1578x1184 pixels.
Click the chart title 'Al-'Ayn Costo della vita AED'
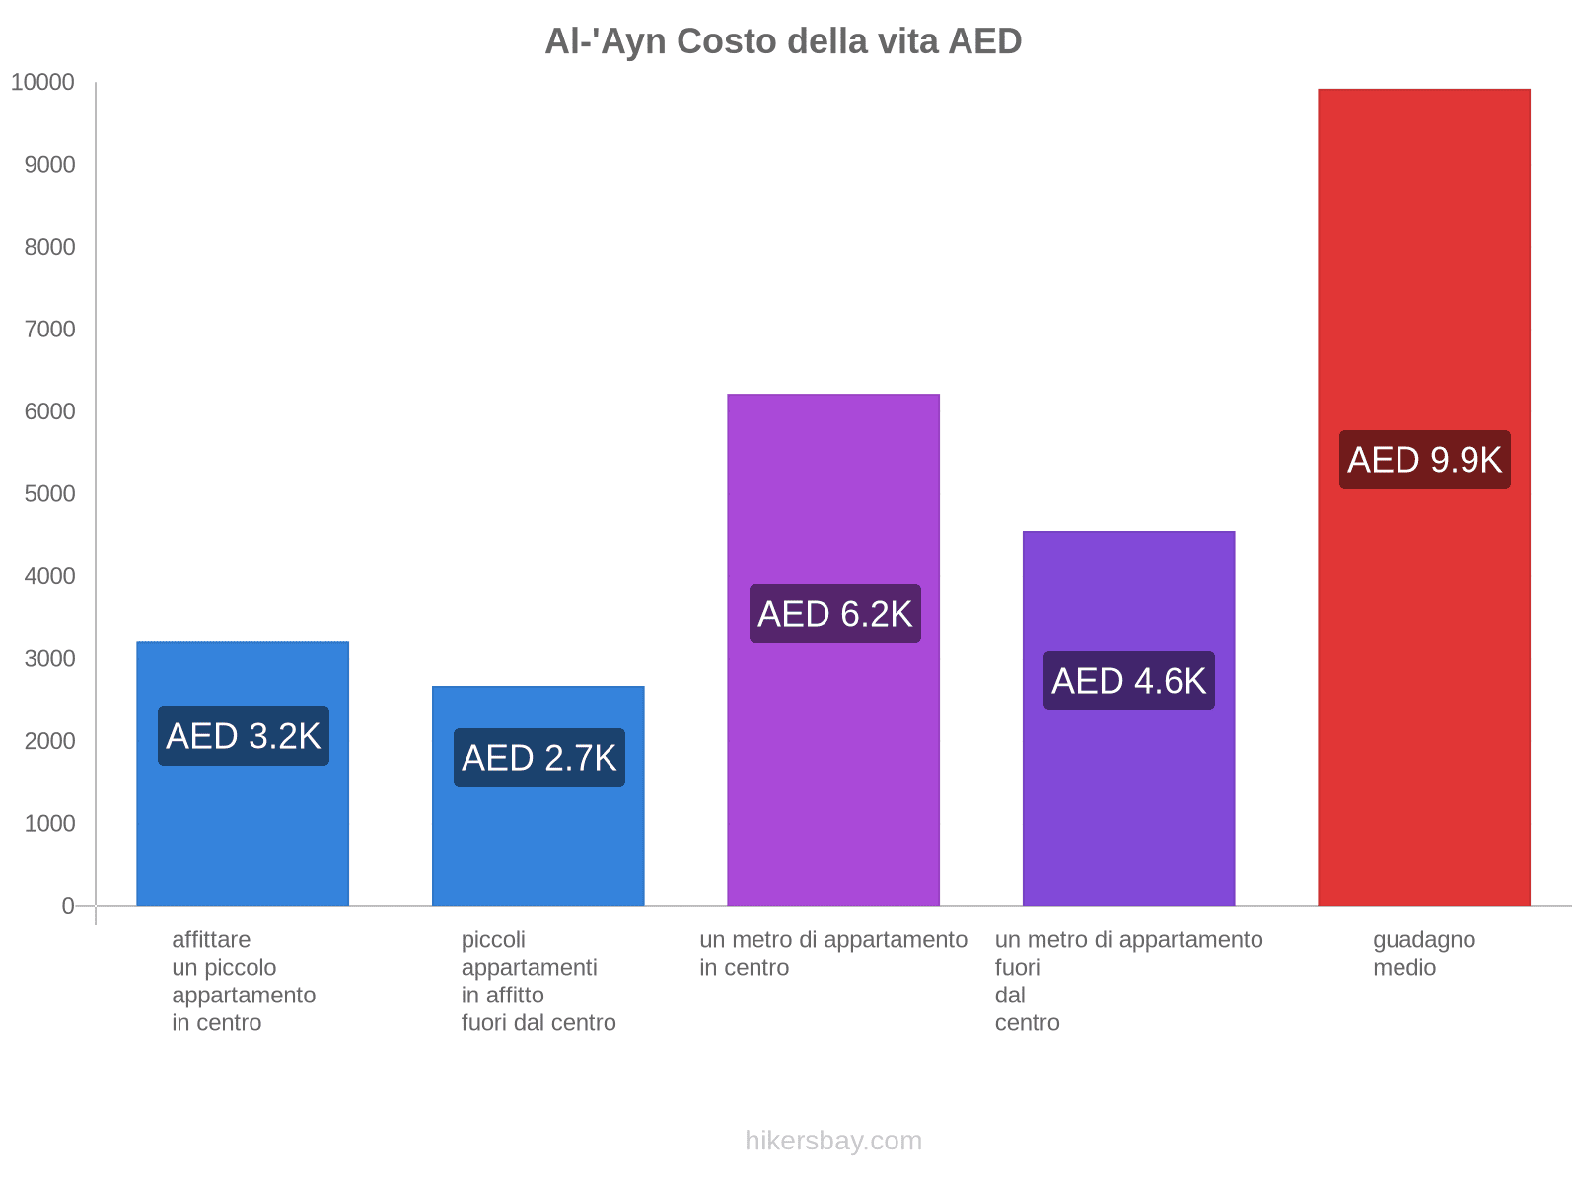pos(783,41)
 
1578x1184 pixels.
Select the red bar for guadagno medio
pos(1423,691)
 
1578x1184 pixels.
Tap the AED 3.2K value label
pos(244,736)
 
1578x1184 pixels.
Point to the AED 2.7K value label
pos(538,758)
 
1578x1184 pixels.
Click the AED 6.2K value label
pos(834,614)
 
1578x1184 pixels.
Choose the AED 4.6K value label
pos(1128,681)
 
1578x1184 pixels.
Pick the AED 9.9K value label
pos(1424,460)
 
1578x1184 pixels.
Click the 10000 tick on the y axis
pos(43,83)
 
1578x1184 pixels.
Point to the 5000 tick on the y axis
pos(50,494)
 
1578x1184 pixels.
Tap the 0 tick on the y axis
pos(68,906)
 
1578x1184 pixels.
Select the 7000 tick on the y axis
pos(50,330)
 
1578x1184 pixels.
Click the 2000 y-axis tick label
pos(50,741)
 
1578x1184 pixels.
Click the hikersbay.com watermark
pos(833,1141)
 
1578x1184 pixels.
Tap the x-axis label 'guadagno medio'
pos(1423,954)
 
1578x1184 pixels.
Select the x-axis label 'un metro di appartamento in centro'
pos(833,954)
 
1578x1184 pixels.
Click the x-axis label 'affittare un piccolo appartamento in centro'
pos(244,981)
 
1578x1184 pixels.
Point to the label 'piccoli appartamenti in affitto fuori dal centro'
pos(538,981)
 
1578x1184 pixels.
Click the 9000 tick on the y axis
pos(50,165)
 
